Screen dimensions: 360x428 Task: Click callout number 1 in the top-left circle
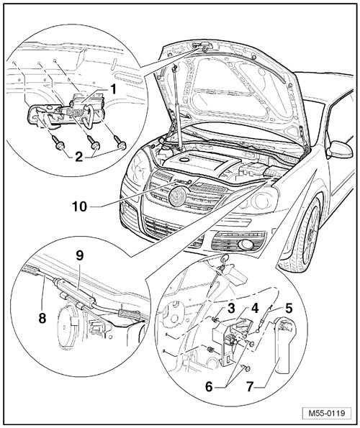(112, 89)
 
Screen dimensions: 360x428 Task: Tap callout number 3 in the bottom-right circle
(231, 309)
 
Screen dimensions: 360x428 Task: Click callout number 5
(288, 309)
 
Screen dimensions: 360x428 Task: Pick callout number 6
(209, 386)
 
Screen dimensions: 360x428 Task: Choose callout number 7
(249, 386)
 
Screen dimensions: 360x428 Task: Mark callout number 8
(42, 318)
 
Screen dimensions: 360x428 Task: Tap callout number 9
(81, 256)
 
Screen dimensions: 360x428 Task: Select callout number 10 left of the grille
(79, 206)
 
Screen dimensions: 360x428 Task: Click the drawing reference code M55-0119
(326, 413)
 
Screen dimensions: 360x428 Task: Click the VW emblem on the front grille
(177, 197)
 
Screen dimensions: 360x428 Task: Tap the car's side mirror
(340, 150)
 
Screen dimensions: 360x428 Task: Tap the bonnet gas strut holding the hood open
(176, 107)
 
